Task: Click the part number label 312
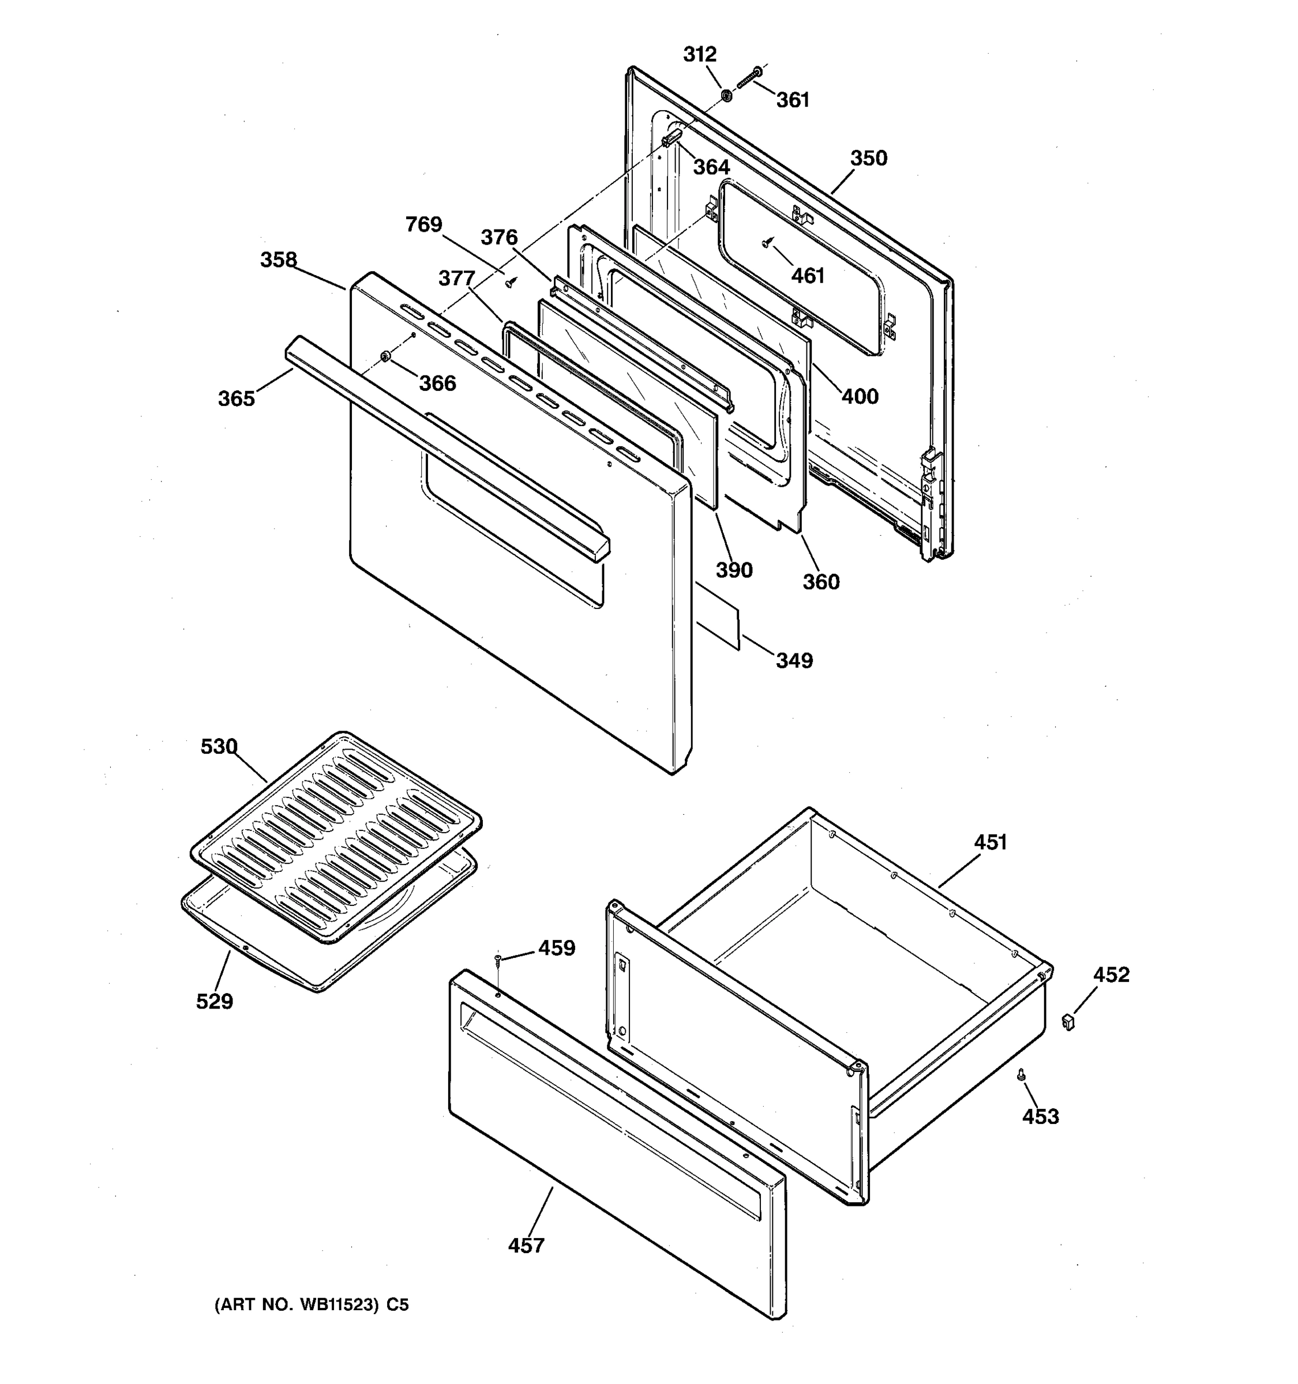tap(699, 54)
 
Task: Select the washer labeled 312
tap(726, 94)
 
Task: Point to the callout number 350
tap(868, 158)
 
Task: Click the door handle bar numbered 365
tap(446, 446)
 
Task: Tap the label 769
tap(423, 224)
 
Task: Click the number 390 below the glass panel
tap(734, 570)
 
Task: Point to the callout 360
tap(821, 581)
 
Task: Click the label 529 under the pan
tap(215, 1001)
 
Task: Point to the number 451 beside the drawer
tap(989, 843)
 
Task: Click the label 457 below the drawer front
tap(526, 1246)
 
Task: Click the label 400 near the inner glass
tap(860, 396)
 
